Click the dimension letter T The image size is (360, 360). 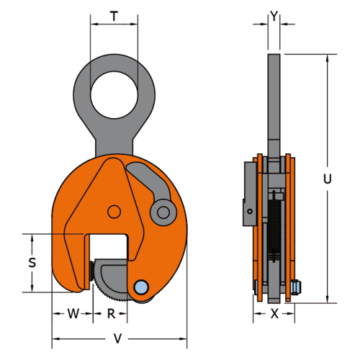[114, 17]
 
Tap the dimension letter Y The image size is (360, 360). [274, 16]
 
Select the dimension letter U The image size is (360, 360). [328, 179]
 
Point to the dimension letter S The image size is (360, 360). [32, 262]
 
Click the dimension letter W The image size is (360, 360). [73, 313]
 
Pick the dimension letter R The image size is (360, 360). [111, 313]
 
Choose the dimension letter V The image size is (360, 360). [117, 338]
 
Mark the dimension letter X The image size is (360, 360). [274, 313]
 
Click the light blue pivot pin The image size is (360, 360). [141, 287]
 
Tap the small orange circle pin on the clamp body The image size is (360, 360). [114, 212]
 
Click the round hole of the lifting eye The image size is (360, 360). [114, 95]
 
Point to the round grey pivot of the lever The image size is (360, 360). [163, 212]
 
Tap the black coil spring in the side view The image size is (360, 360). [274, 230]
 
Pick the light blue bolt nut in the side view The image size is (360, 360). [296, 287]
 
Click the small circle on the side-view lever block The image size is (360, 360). [250, 212]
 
